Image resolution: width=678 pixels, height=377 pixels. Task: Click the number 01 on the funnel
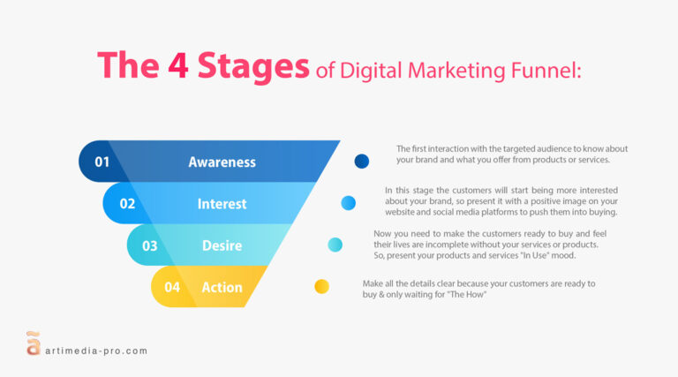(x=102, y=162)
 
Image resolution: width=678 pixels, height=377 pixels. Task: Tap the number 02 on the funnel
(x=127, y=204)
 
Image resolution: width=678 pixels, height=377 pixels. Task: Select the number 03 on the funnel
(x=150, y=245)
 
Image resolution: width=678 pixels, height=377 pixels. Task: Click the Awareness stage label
(x=222, y=162)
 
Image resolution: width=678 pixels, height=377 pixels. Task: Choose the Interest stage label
(x=222, y=204)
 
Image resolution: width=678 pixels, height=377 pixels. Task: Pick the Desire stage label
(x=222, y=245)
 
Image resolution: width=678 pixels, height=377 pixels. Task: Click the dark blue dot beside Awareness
(x=361, y=162)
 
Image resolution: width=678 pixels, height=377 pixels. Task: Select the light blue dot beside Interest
(x=349, y=203)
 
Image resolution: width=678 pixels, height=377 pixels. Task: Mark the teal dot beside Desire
(x=335, y=245)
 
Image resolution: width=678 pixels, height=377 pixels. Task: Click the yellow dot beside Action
(x=322, y=286)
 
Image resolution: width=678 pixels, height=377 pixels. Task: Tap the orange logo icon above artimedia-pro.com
(x=33, y=342)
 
